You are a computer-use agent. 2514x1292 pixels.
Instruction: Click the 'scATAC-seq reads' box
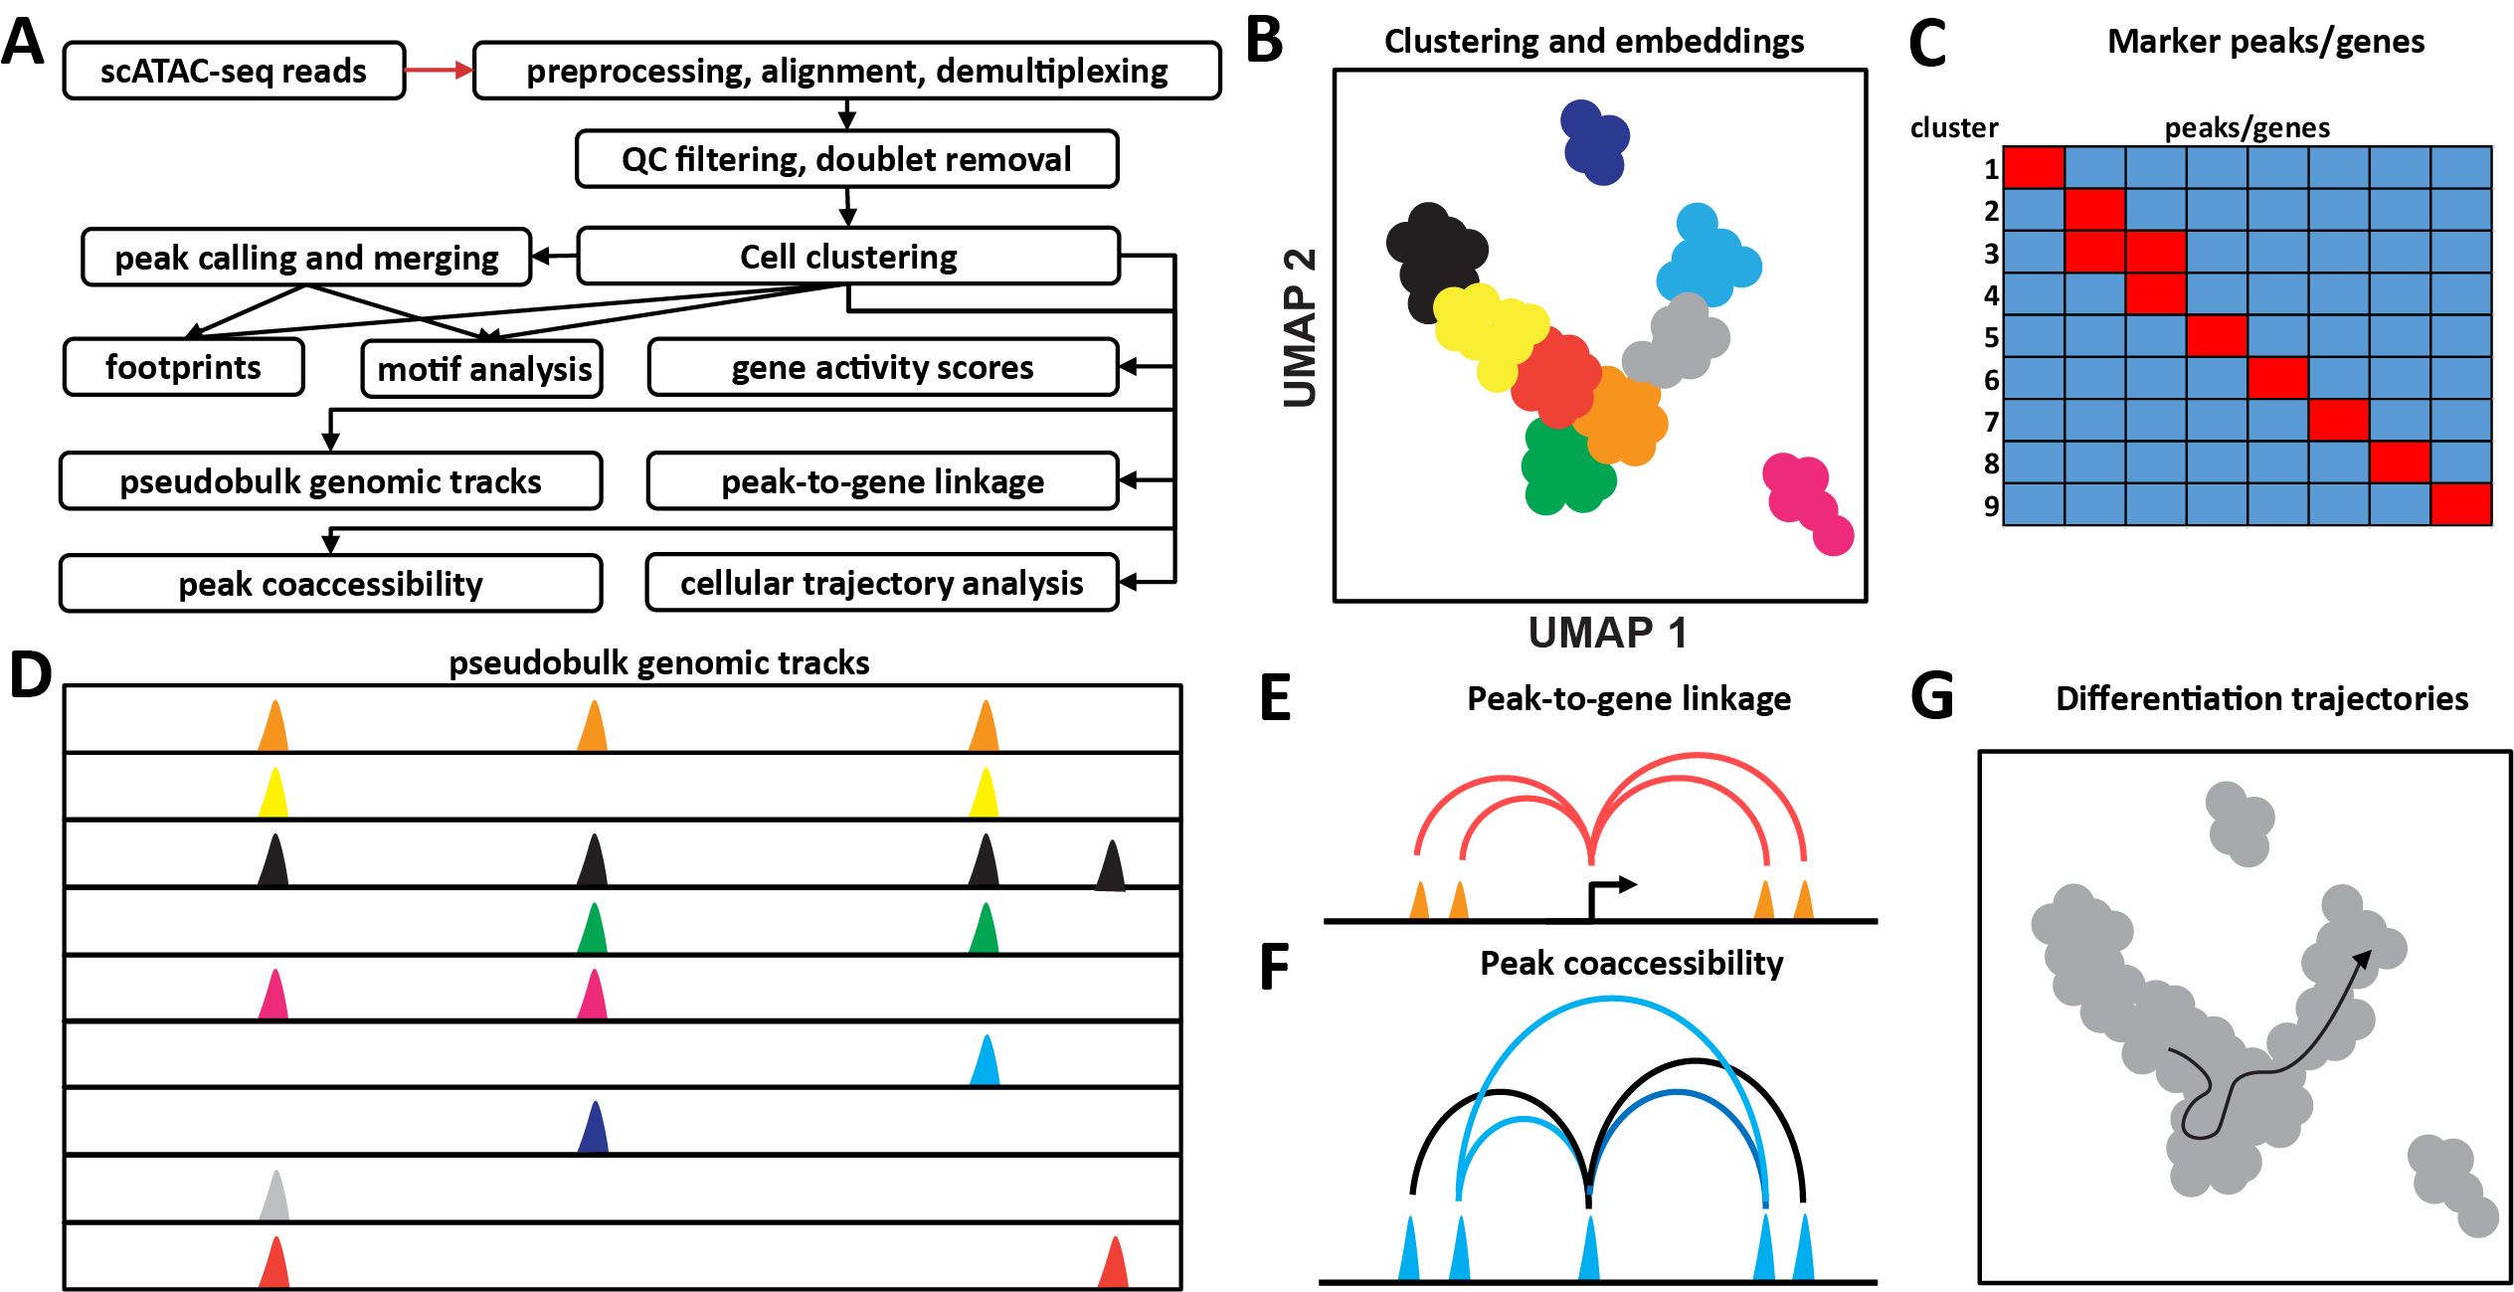[x=234, y=71]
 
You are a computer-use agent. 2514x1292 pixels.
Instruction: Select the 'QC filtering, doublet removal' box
[x=846, y=159]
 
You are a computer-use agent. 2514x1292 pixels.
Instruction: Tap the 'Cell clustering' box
[x=848, y=257]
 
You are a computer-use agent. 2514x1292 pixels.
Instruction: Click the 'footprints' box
[x=183, y=367]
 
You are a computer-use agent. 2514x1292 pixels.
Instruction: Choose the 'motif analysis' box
[x=483, y=369]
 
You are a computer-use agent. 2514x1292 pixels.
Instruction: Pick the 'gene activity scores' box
[x=882, y=367]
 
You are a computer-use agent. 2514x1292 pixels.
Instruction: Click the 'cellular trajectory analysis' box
[x=881, y=583]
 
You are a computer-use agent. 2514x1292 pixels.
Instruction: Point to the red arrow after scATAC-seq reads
[x=439, y=70]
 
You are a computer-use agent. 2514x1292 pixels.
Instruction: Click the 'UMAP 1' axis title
[x=1607, y=633]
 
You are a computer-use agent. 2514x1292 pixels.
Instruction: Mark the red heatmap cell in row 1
[x=2034, y=167]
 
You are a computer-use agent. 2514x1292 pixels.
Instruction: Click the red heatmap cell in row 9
[x=2461, y=504]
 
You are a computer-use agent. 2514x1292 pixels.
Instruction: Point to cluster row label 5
[x=1991, y=337]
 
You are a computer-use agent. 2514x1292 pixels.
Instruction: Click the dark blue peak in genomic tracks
[x=594, y=1129]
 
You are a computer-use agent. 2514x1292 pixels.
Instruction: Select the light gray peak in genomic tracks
[x=274, y=1197]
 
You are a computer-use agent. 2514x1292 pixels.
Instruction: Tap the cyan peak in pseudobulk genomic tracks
[x=985, y=1061]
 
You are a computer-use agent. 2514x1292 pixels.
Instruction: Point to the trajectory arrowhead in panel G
[x=2362, y=959]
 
